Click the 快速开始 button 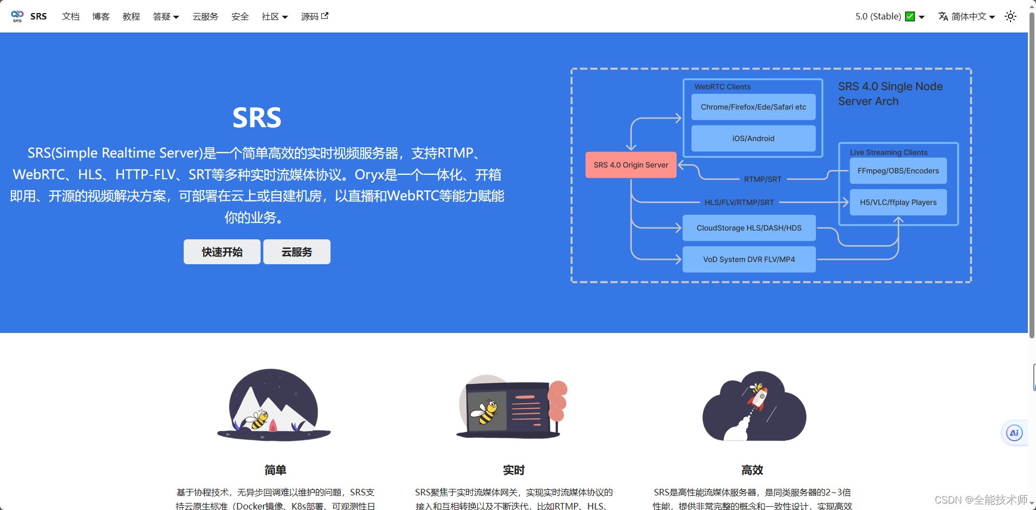click(222, 252)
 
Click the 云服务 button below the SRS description click(296, 252)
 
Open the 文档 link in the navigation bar click(70, 16)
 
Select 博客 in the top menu click(101, 16)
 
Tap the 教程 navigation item click(131, 16)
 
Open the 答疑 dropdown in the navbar click(166, 16)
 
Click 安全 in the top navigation click(240, 16)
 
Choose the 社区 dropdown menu click(275, 16)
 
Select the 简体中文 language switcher click(967, 16)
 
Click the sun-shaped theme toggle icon click(1011, 16)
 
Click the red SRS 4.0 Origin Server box click(631, 165)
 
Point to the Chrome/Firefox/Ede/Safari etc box click(753, 107)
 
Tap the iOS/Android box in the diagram click(753, 138)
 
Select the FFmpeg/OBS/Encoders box click(898, 171)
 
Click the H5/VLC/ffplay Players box click(898, 202)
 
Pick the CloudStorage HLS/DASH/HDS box click(749, 228)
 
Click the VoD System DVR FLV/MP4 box click(749, 259)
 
